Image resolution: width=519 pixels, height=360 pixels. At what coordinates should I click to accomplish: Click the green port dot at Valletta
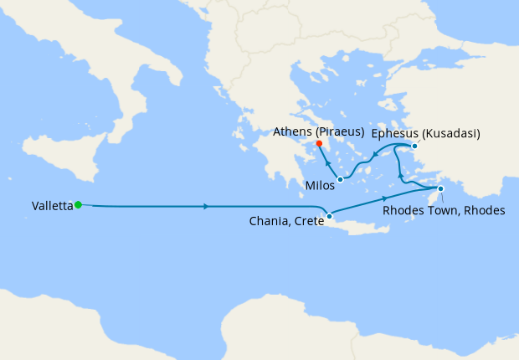point(78,204)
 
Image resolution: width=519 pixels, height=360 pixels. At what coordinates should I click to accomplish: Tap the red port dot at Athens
point(320,143)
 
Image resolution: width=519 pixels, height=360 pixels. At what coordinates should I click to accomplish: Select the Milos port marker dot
point(340,179)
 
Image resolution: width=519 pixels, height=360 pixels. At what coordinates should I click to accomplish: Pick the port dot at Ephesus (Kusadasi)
point(414,146)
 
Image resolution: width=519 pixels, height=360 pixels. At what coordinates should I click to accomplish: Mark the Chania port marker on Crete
point(330,217)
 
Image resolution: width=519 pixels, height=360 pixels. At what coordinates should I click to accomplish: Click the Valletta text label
point(51,205)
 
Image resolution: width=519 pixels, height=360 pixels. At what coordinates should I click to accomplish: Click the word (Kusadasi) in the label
point(450,132)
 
